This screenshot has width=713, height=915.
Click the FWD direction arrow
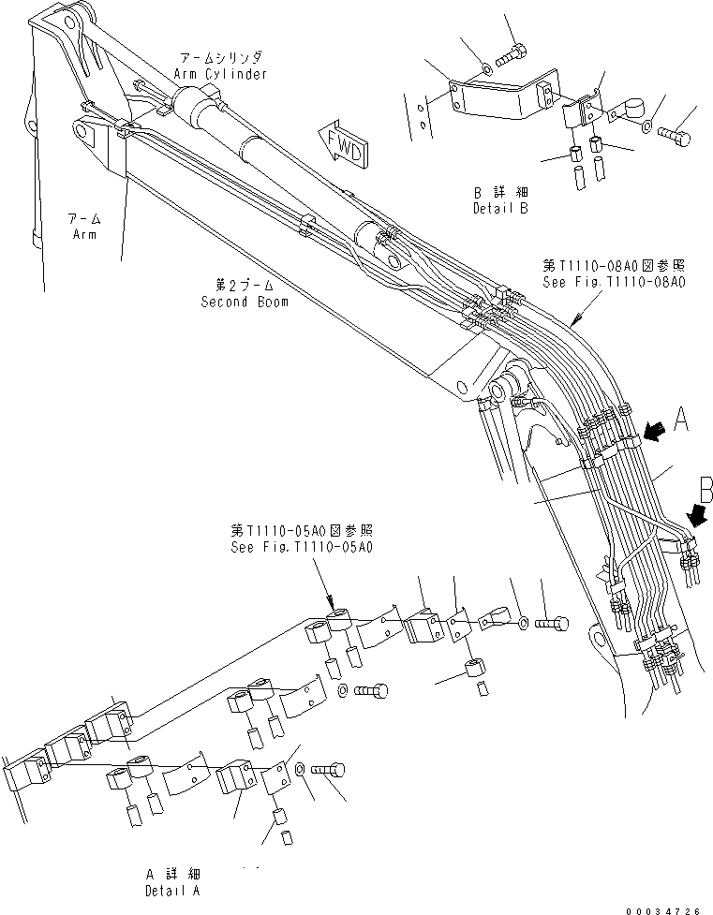(x=341, y=142)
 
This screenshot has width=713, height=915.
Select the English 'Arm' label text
(x=84, y=233)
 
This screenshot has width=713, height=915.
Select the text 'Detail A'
(x=171, y=891)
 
